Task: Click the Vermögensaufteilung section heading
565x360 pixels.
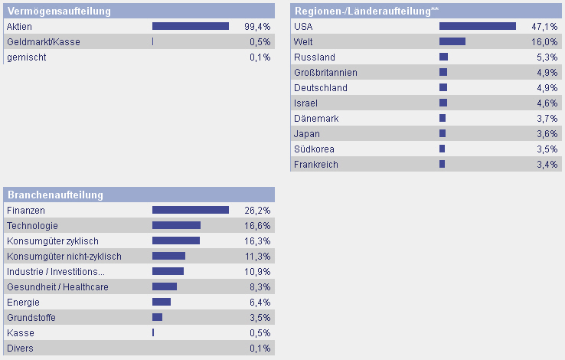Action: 59,11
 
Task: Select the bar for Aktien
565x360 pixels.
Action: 190,26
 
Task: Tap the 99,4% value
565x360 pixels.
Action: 257,26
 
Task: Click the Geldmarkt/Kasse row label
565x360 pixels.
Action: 43,41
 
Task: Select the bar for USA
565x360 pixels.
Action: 477,26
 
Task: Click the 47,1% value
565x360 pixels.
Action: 544,26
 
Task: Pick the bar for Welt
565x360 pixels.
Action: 452,41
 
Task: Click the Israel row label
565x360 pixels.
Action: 305,103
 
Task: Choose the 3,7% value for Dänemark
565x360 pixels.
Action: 544,118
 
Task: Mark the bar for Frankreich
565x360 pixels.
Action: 442,164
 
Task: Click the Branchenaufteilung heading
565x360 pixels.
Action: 55,195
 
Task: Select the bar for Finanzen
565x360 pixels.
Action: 190,210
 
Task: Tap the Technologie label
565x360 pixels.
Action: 32,225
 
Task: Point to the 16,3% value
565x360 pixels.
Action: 257,241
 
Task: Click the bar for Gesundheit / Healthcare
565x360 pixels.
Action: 164,286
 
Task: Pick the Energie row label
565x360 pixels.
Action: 23,302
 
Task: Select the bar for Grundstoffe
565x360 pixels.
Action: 157,317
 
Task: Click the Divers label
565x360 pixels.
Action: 20,348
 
